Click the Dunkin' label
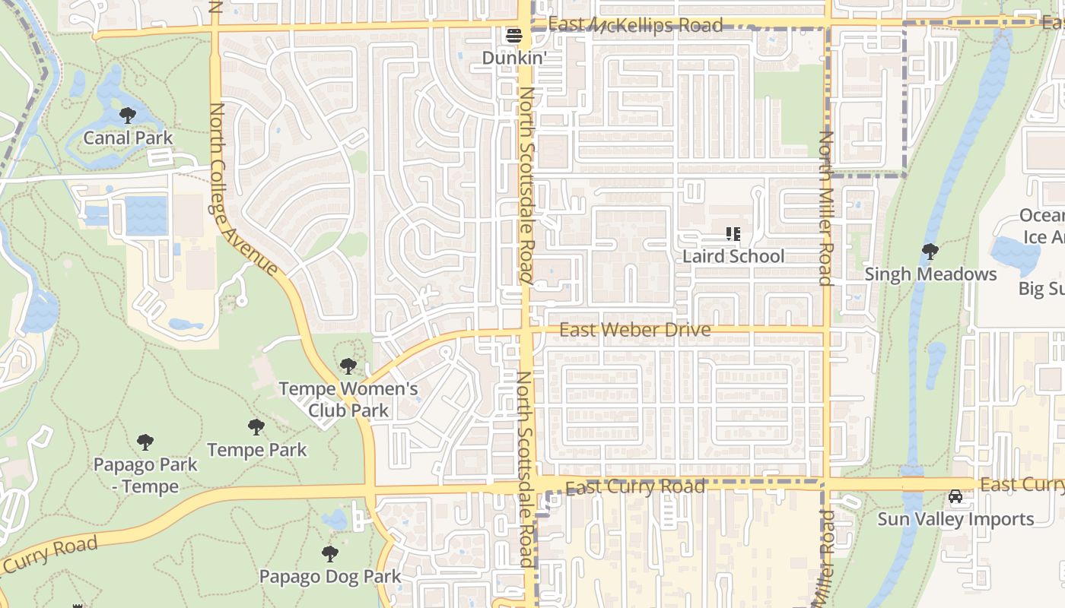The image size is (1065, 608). point(514,58)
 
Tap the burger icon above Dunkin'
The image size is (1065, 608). point(514,36)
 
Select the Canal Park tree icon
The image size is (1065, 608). point(128,116)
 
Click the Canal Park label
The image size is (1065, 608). point(128,138)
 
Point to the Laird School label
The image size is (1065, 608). point(733,256)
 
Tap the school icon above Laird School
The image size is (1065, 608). point(733,234)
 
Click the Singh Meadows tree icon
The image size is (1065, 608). point(930,252)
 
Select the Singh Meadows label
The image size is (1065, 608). point(930,274)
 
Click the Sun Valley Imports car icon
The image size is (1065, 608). point(955,497)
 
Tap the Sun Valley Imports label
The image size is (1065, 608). point(955,519)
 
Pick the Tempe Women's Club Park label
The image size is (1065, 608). point(348,400)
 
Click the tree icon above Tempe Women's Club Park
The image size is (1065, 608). point(348,366)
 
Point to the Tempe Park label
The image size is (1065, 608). point(256,450)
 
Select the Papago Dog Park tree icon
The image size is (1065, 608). point(329,554)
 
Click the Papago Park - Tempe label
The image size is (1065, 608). point(145,475)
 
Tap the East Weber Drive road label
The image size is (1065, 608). point(635,330)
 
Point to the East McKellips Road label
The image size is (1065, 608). point(635,26)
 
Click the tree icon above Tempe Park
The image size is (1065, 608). point(256,427)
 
